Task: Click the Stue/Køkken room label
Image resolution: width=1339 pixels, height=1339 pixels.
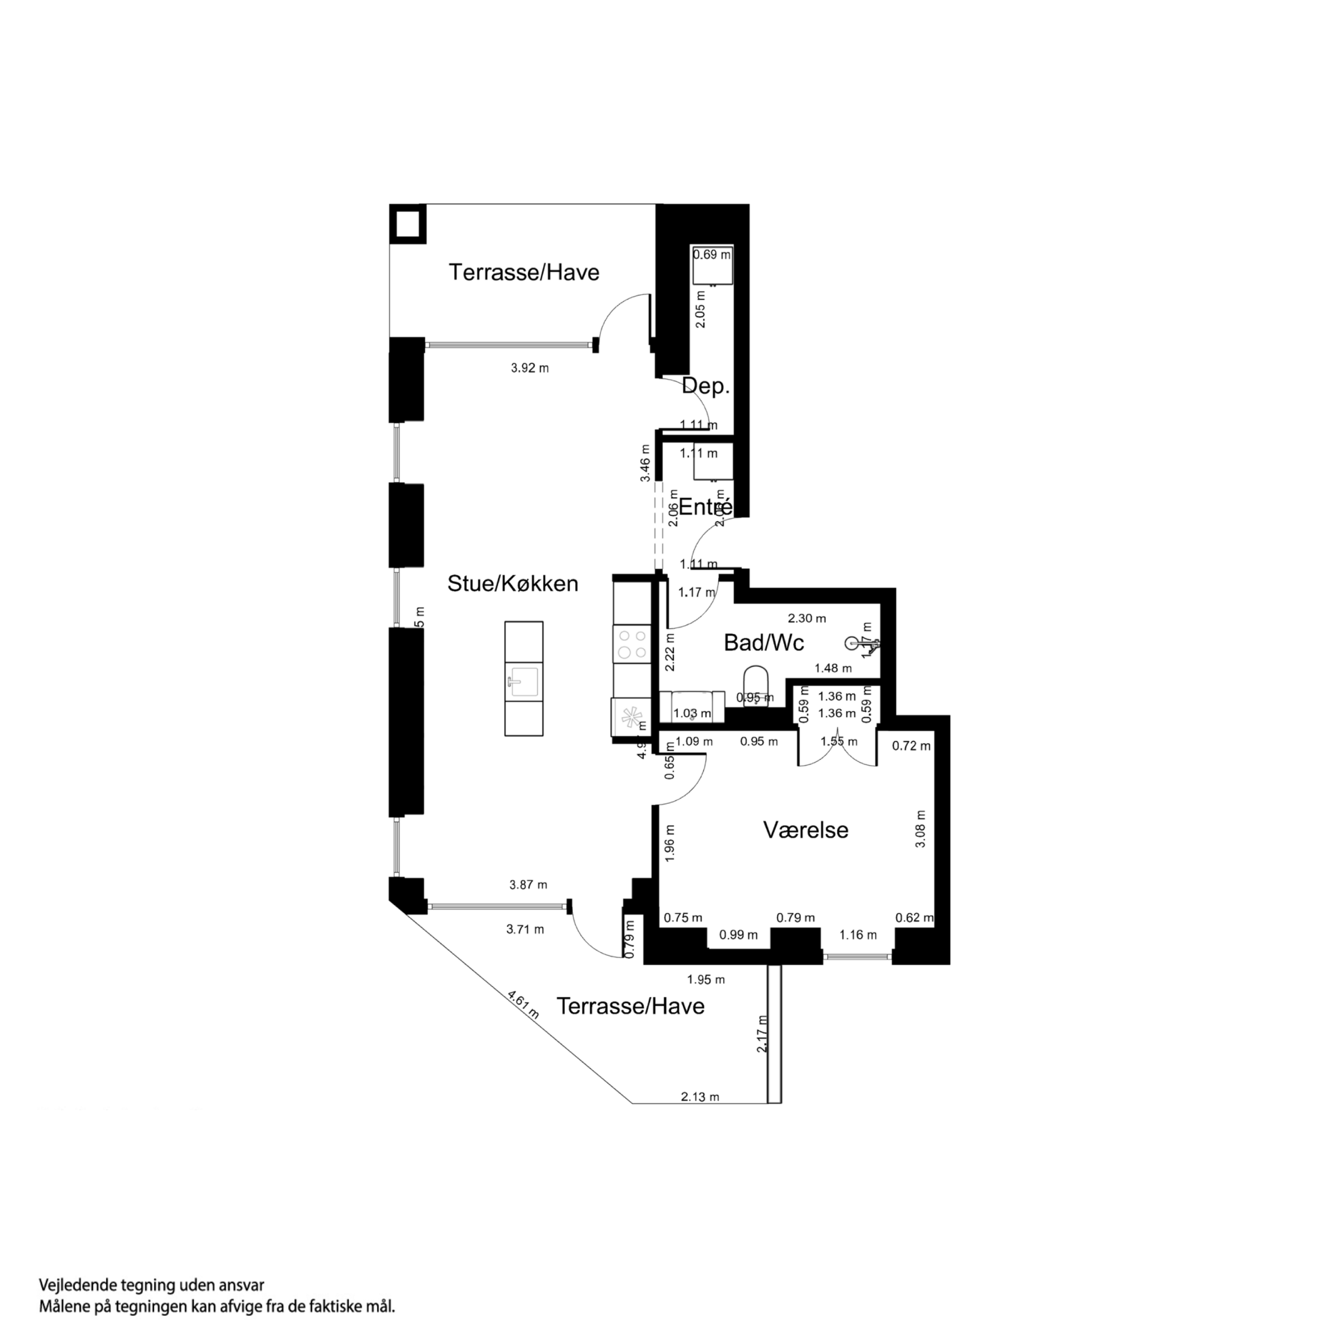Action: (512, 584)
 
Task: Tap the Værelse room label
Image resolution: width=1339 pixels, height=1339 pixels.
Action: (805, 830)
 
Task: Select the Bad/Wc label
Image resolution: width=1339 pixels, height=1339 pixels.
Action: (763, 643)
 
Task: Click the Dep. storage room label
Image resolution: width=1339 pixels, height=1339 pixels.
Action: (705, 386)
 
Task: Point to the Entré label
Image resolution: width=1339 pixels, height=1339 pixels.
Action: (705, 508)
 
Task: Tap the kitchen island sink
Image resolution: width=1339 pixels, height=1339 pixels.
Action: (523, 681)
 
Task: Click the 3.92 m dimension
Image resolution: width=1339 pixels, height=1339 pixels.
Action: (530, 368)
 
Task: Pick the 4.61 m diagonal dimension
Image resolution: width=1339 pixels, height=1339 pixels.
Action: (523, 1005)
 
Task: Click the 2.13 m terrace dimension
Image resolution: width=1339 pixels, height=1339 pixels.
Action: (700, 1096)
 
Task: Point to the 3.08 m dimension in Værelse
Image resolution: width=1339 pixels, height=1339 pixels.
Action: (920, 829)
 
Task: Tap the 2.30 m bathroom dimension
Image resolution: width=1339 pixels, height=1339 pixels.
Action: (806, 618)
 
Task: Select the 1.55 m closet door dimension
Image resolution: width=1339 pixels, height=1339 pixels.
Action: (839, 741)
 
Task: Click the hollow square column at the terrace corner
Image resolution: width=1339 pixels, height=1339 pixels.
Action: (408, 224)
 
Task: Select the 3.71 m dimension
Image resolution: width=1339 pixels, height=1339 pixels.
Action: (525, 929)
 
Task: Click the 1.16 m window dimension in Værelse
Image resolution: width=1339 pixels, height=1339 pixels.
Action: (858, 935)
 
